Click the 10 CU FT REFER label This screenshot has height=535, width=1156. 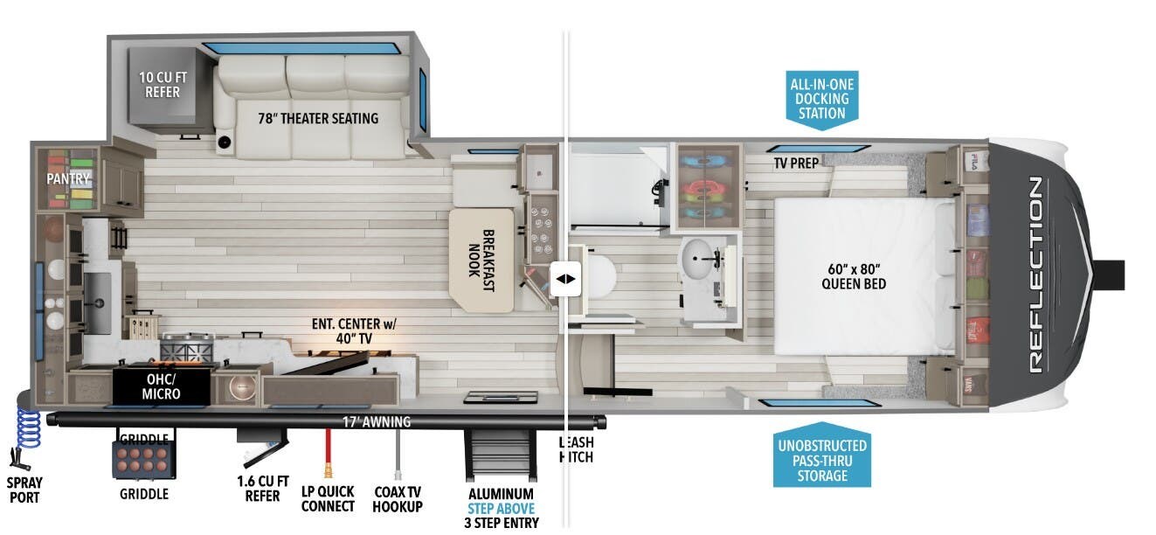(163, 84)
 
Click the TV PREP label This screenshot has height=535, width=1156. (794, 163)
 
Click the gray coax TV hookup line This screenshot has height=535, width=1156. (398, 454)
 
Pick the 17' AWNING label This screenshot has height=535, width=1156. (376, 422)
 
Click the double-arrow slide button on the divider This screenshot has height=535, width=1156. (565, 279)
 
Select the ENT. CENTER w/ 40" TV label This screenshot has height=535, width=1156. (354, 330)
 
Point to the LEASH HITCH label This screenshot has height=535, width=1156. (575, 449)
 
